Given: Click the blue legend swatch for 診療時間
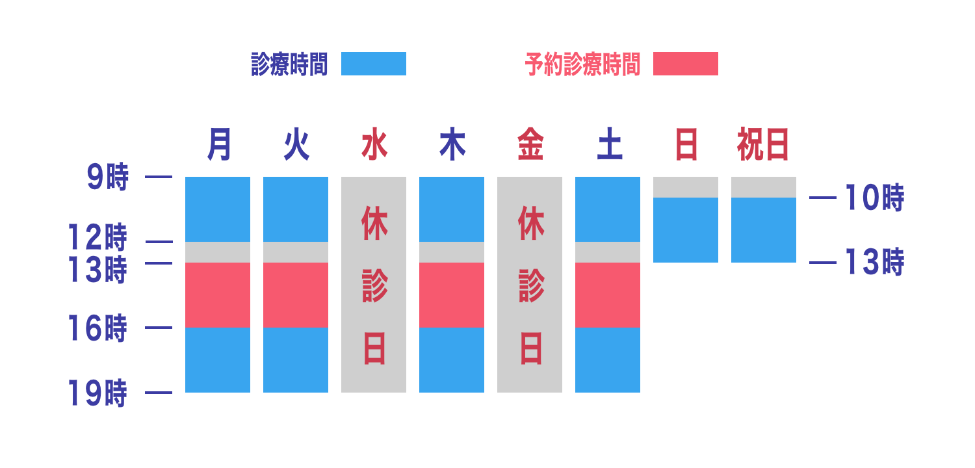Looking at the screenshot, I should (373, 64).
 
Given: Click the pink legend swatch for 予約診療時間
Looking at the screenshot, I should (685, 64).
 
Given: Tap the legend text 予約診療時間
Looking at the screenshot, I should (582, 64).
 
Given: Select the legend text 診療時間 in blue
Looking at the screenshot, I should (289, 64).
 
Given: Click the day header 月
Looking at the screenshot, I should (219, 144).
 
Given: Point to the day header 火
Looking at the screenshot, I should (296, 144).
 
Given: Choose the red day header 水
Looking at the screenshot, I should (374, 144).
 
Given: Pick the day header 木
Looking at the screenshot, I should (452, 144).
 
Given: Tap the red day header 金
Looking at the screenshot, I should (530, 144).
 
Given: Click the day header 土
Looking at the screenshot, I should (609, 144).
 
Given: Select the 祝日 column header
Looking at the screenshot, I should (763, 144).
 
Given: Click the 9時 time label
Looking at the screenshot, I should (109, 177).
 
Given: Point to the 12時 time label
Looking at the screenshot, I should (97, 238).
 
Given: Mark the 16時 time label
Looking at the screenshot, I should (97, 329).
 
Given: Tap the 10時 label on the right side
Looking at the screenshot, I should (874, 198).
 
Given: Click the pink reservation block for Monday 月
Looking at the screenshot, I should (218, 294).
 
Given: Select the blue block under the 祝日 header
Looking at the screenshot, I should (763, 229).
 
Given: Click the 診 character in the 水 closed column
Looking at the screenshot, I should (374, 286).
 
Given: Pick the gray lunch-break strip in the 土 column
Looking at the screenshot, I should (608, 252).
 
